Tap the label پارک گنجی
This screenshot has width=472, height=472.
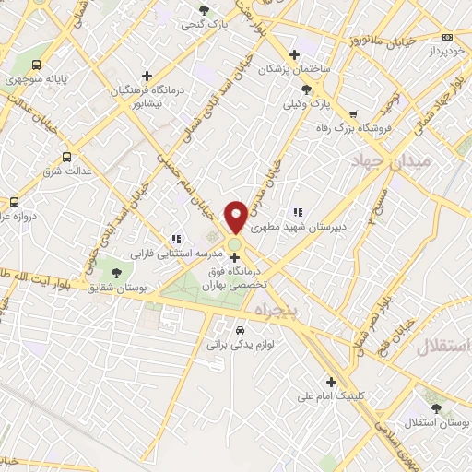point(204,24)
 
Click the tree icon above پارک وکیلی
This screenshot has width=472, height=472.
point(307,89)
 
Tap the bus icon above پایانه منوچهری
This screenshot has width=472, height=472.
point(36,65)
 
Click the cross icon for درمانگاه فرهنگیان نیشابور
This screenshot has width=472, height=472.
point(147,76)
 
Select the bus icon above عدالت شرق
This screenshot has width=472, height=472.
point(65,157)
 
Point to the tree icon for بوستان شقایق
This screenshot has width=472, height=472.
point(116,273)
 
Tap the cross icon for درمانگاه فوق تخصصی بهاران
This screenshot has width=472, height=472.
point(234,257)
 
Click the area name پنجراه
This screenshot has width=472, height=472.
point(274,311)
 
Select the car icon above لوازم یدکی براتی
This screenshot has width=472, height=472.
point(240,329)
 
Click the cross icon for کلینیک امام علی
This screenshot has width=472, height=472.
point(331,382)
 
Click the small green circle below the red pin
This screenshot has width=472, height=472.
point(235,243)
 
